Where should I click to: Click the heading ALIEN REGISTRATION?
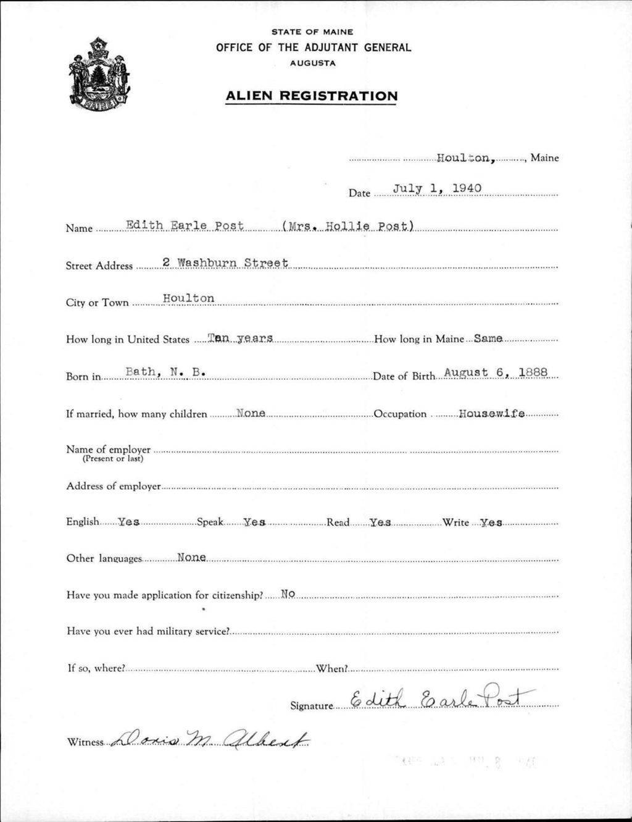312,96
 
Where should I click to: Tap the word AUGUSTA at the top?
312,63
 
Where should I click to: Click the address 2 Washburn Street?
225,262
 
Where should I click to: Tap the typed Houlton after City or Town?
189,298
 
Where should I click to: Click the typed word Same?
488,338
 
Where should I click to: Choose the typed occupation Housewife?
492,413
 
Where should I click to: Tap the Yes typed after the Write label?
491,522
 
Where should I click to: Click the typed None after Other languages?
191,558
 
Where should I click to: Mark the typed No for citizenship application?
288,594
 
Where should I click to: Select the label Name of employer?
108,450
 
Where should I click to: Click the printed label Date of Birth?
404,377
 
